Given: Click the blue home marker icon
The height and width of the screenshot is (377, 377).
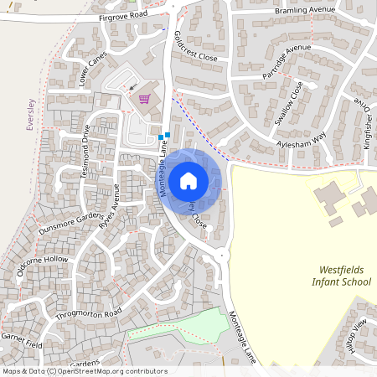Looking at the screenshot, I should click(188, 180).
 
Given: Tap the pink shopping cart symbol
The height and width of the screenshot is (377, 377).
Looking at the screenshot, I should click(144, 97).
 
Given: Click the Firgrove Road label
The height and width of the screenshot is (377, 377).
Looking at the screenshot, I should click(122, 16).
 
